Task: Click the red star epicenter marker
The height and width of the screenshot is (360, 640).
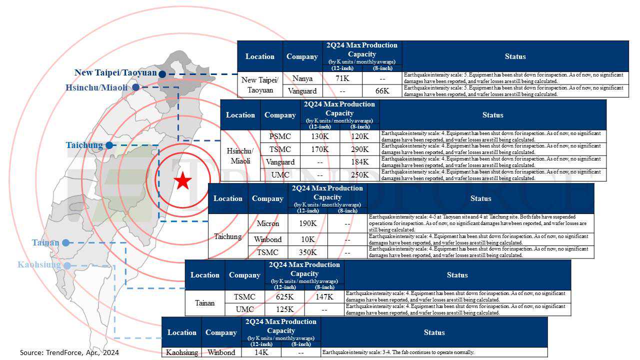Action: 183,180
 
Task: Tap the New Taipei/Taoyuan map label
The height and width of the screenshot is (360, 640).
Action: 115,72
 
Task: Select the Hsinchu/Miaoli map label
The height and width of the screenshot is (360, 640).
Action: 96,87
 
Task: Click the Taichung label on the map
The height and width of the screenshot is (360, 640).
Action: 84,145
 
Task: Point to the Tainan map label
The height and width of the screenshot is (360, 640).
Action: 45,243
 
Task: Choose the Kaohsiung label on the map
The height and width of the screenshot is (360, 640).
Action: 39,264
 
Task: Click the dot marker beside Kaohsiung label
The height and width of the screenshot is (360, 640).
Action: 67,265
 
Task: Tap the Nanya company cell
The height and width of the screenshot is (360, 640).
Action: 302,78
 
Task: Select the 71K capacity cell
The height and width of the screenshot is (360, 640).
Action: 342,78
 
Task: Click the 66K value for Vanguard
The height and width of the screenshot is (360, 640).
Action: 382,91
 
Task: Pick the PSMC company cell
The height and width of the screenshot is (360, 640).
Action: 279,136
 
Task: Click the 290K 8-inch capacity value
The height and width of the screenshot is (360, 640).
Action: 359,149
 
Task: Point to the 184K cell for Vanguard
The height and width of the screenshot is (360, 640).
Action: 359,162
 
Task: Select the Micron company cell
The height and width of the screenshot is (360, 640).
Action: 268,223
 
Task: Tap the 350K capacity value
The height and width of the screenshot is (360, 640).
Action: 307,252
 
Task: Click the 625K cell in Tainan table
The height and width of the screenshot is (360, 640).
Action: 285,297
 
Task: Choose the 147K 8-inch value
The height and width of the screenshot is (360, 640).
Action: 324,297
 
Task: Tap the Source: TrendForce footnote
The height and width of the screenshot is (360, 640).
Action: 69,352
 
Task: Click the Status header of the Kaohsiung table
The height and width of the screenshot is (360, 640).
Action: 434,332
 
